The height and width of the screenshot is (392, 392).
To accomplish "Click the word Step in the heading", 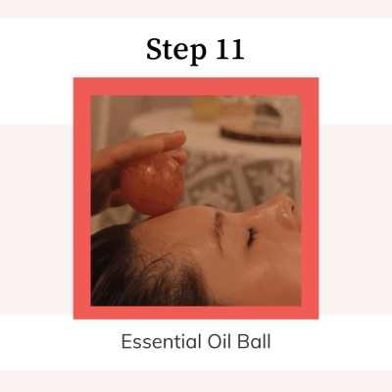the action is pyautogui.click(x=176, y=50).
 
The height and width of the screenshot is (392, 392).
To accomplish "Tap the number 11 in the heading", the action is pyautogui.click(x=230, y=49).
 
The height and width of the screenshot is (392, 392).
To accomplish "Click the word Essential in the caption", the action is pyautogui.click(x=161, y=342).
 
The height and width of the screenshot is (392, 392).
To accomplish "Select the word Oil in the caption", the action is pyautogui.click(x=219, y=342).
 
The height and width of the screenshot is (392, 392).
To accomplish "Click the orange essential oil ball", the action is pyautogui.click(x=152, y=184).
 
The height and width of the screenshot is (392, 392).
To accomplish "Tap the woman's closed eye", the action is pyautogui.click(x=252, y=236).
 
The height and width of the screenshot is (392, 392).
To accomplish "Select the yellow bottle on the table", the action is pyautogui.click(x=207, y=108).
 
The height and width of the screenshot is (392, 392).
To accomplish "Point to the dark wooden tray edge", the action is pyautogui.click(x=261, y=136).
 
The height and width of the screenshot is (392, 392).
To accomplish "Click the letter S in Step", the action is pyautogui.click(x=155, y=49).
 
